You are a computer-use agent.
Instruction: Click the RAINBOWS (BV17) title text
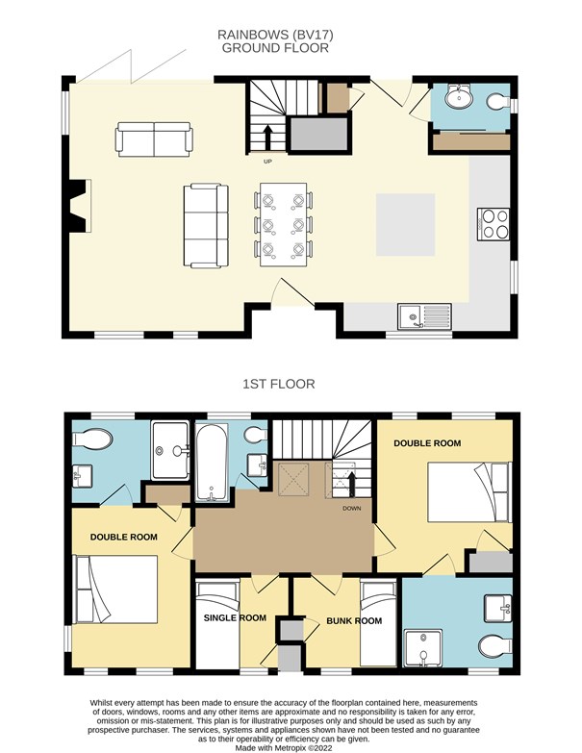pos(275,35)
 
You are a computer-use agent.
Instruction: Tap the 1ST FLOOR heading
pos(279,384)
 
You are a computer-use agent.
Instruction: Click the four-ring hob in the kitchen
pos(493,224)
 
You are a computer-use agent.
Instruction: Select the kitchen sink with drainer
pos(424,316)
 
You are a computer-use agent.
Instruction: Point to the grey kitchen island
pos(405,225)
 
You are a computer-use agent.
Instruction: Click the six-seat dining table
pos(284,225)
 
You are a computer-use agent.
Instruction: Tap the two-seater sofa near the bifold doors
pos(154,139)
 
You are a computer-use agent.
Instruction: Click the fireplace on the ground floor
pos(78,206)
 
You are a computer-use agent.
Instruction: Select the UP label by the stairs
pos(267,162)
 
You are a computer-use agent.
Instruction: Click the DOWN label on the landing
pos(351,508)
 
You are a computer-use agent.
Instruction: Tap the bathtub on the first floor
pos(212,462)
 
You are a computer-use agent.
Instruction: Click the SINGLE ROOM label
pos(235,618)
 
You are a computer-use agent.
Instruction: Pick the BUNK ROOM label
pos(354,621)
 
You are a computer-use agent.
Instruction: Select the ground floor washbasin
pos(459,97)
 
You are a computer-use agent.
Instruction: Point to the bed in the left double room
pos(116,590)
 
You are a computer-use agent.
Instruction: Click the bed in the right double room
pos(469,491)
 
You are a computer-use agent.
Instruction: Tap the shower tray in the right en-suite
pos(423,648)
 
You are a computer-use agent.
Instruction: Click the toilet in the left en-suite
pos(92,439)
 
